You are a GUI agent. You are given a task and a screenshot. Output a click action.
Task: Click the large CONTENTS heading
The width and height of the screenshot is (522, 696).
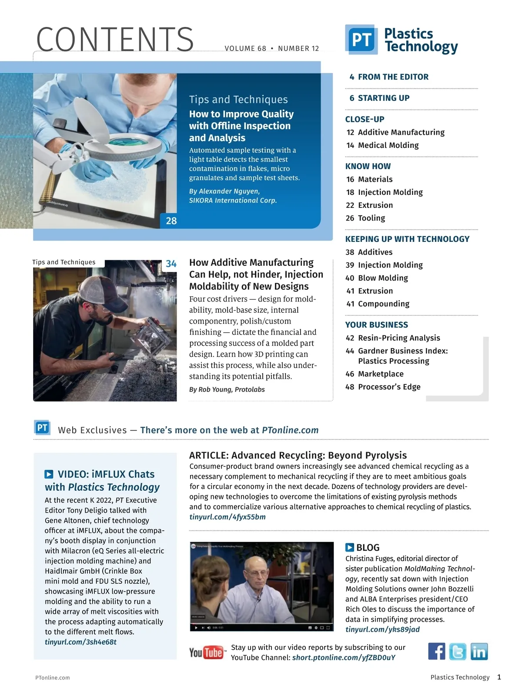click(x=115, y=40)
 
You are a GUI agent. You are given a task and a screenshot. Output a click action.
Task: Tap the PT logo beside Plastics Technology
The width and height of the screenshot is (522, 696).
click(x=361, y=40)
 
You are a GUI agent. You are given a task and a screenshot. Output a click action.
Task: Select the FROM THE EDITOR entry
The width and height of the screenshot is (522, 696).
click(x=389, y=77)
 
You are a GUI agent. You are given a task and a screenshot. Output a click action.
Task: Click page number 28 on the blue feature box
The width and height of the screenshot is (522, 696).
click(x=171, y=221)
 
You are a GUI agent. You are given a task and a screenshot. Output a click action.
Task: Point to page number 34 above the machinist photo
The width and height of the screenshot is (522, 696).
click(x=171, y=264)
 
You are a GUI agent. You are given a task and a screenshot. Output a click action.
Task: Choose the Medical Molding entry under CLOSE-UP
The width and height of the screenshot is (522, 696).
click(x=383, y=145)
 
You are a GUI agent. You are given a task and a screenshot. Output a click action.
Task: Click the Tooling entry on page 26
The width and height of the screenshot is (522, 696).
click(x=366, y=218)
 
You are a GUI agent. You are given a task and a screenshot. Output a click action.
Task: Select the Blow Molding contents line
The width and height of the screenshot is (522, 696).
click(x=377, y=278)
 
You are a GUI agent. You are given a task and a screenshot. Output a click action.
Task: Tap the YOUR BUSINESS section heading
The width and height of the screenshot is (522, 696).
click(x=377, y=325)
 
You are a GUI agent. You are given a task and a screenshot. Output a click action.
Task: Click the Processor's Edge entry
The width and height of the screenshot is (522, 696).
click(x=383, y=387)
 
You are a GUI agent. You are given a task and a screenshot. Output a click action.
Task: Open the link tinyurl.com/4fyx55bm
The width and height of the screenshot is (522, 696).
click(x=228, y=517)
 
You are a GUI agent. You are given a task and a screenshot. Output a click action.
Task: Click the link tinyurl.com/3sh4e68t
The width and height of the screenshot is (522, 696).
click(x=80, y=642)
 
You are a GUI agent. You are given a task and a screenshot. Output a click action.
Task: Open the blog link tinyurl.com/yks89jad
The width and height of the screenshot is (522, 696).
click(x=383, y=629)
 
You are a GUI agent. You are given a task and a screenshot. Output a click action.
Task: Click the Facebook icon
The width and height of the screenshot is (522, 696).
click(x=436, y=651)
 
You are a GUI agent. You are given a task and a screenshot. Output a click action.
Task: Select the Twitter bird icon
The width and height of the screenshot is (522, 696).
click(x=458, y=651)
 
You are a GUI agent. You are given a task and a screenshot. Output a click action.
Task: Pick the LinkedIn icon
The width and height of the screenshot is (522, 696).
click(x=479, y=651)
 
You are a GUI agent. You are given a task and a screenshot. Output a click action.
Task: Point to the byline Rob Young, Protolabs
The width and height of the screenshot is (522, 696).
click(x=227, y=389)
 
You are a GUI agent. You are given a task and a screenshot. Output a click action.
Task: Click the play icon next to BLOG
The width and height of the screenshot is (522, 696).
click(x=350, y=548)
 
